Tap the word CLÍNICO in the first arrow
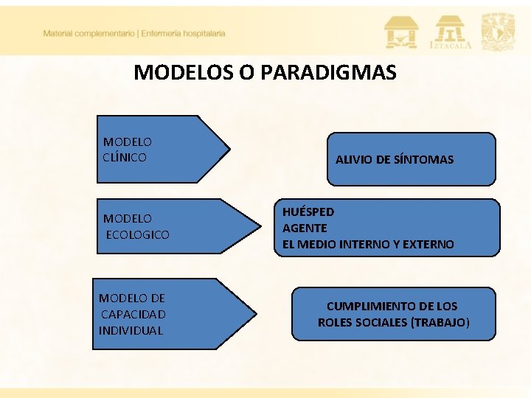click(x=125, y=157)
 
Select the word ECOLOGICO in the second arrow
click(x=138, y=234)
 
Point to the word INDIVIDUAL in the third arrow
click(x=131, y=330)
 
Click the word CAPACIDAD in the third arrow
click(x=133, y=314)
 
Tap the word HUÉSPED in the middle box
click(x=308, y=212)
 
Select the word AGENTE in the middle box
click(x=305, y=228)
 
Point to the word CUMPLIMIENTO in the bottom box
click(x=370, y=306)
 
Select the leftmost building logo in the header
click(x=400, y=32)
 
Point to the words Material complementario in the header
click(x=88, y=33)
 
